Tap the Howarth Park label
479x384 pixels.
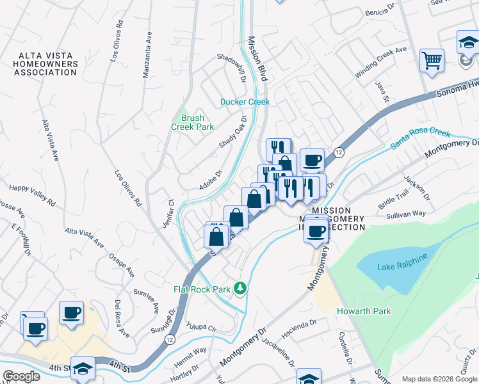tap(364, 311)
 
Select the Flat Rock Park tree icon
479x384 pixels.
tap(240, 289)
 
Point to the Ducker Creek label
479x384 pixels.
tap(245, 102)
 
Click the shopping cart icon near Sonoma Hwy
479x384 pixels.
tap(432, 61)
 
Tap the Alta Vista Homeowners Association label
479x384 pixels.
tap(48, 64)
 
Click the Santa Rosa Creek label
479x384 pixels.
tap(421, 139)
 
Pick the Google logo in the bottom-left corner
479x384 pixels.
tap(20, 376)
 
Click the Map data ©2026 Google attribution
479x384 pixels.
tap(439, 379)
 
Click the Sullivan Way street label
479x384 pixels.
tap(406, 214)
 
